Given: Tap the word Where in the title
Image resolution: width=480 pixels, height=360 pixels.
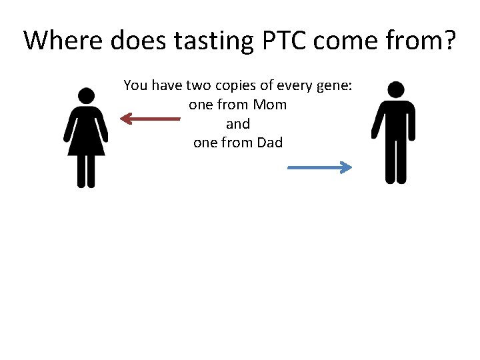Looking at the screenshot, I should click(61, 41).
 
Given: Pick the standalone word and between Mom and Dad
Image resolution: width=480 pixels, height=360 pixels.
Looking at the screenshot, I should click(238, 124).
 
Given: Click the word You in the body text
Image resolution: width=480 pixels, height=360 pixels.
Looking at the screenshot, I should click(135, 86).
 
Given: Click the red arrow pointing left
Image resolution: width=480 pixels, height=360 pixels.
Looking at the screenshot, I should click(150, 119).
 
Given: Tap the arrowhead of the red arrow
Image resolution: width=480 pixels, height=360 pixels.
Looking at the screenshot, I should click(125, 119).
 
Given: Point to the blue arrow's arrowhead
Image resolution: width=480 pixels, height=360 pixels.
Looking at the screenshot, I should click(346, 168).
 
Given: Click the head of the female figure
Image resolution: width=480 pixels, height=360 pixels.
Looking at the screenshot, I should click(85, 96).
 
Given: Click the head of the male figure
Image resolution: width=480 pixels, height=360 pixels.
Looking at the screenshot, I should click(396, 89).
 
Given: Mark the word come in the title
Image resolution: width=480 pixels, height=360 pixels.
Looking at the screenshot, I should click(347, 41).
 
